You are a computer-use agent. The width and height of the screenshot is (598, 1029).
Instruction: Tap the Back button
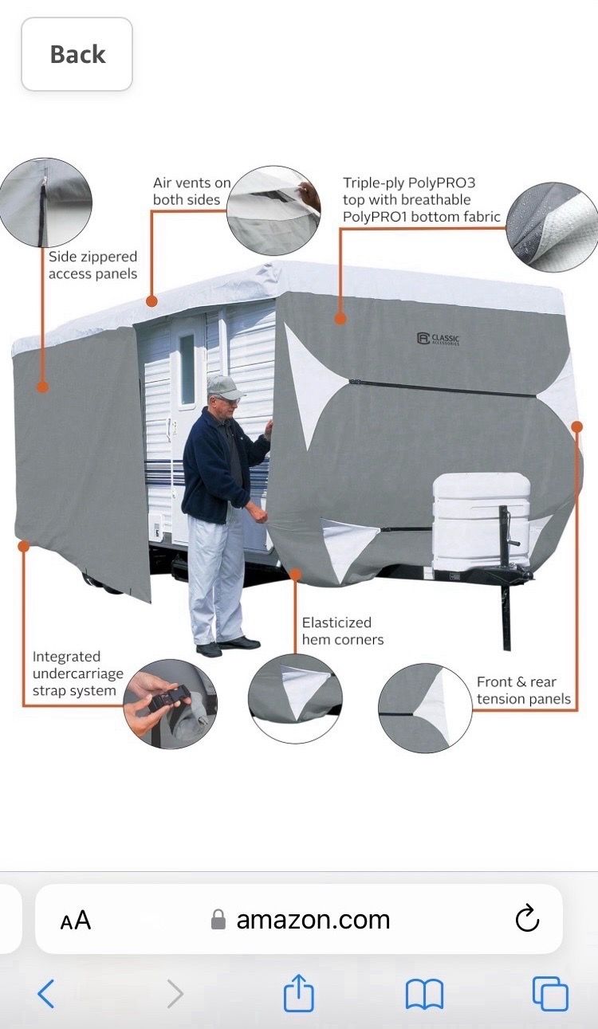[77, 54]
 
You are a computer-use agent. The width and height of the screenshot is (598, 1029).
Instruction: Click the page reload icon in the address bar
[527, 919]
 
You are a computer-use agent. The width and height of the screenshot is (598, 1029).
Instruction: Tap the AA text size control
[76, 920]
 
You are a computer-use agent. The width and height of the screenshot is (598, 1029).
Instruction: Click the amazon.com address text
[313, 920]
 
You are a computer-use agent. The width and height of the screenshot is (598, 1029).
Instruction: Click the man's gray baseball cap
[225, 388]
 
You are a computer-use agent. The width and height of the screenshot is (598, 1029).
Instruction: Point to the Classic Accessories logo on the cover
[438, 339]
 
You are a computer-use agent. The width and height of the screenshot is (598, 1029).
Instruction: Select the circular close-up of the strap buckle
[171, 704]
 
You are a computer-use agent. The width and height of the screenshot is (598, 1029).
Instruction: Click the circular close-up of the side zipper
[45, 202]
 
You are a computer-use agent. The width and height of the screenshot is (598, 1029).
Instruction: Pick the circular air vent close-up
[274, 211]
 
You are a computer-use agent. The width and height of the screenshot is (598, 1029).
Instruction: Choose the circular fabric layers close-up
[553, 227]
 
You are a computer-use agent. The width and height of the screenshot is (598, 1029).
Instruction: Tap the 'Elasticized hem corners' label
[342, 630]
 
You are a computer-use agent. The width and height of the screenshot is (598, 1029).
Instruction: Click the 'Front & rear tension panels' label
[524, 690]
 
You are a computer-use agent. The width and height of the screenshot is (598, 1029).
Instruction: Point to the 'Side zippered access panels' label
[92, 265]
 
